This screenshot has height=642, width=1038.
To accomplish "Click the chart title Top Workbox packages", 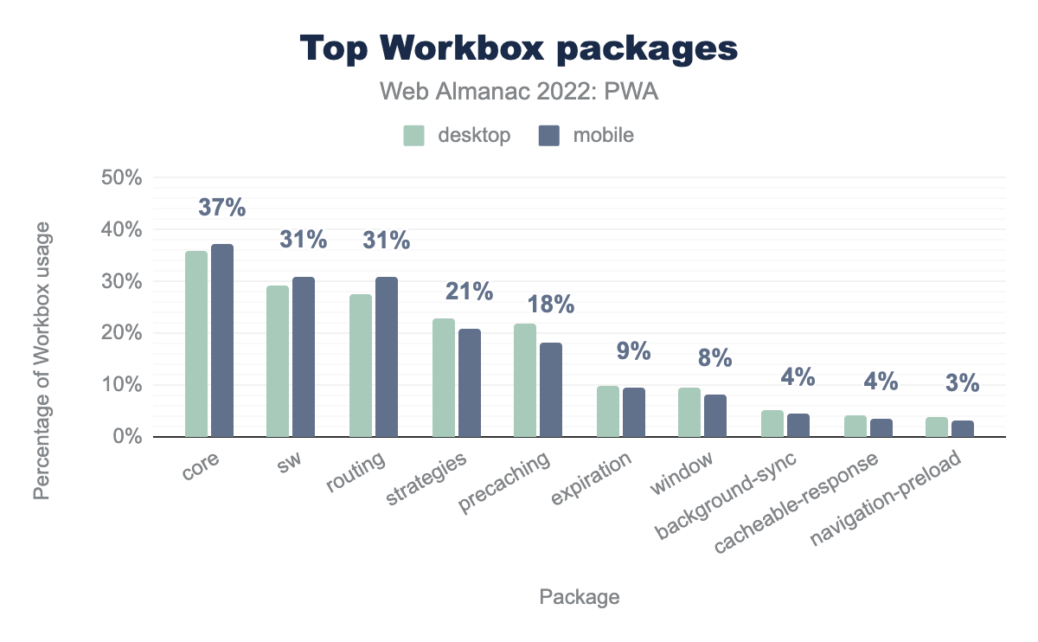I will [519, 49].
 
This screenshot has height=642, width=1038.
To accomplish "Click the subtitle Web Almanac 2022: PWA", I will [519, 92].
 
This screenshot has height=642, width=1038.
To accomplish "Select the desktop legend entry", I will [457, 135].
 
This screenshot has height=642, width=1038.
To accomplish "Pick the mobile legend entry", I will [586, 135].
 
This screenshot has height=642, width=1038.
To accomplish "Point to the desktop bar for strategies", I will [443, 378].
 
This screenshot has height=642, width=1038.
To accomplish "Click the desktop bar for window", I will [689, 413].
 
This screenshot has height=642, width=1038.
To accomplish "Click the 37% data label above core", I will [222, 208].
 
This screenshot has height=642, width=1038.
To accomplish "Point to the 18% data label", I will [551, 305].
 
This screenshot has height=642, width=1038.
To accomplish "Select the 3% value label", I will [963, 383].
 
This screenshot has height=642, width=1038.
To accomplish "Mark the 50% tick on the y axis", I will [123, 178].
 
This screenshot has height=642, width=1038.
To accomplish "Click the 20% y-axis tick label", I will [123, 333].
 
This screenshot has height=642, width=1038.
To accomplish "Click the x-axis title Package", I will [580, 597].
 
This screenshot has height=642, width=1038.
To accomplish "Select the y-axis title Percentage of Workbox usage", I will [42, 362].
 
